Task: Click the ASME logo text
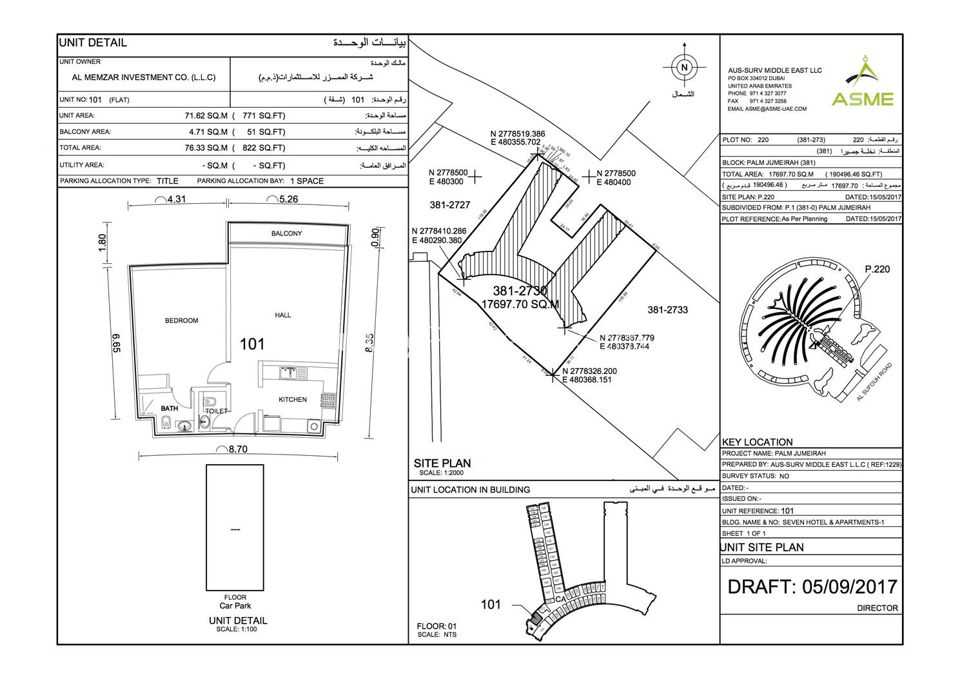click(x=862, y=99)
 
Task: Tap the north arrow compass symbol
click(x=685, y=67)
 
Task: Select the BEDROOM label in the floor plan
click(x=181, y=320)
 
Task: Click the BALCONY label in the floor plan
click(x=286, y=233)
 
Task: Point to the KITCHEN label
click(x=293, y=400)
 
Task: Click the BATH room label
click(x=169, y=409)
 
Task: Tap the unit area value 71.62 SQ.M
click(x=206, y=116)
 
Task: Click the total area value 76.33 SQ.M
click(x=206, y=148)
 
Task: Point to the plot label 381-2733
click(x=667, y=310)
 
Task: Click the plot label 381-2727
click(x=449, y=205)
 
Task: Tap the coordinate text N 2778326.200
click(x=589, y=371)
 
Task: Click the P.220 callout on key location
click(x=877, y=269)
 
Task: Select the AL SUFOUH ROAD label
click(x=874, y=382)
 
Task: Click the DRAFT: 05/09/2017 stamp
click(x=812, y=586)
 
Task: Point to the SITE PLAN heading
click(x=442, y=463)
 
